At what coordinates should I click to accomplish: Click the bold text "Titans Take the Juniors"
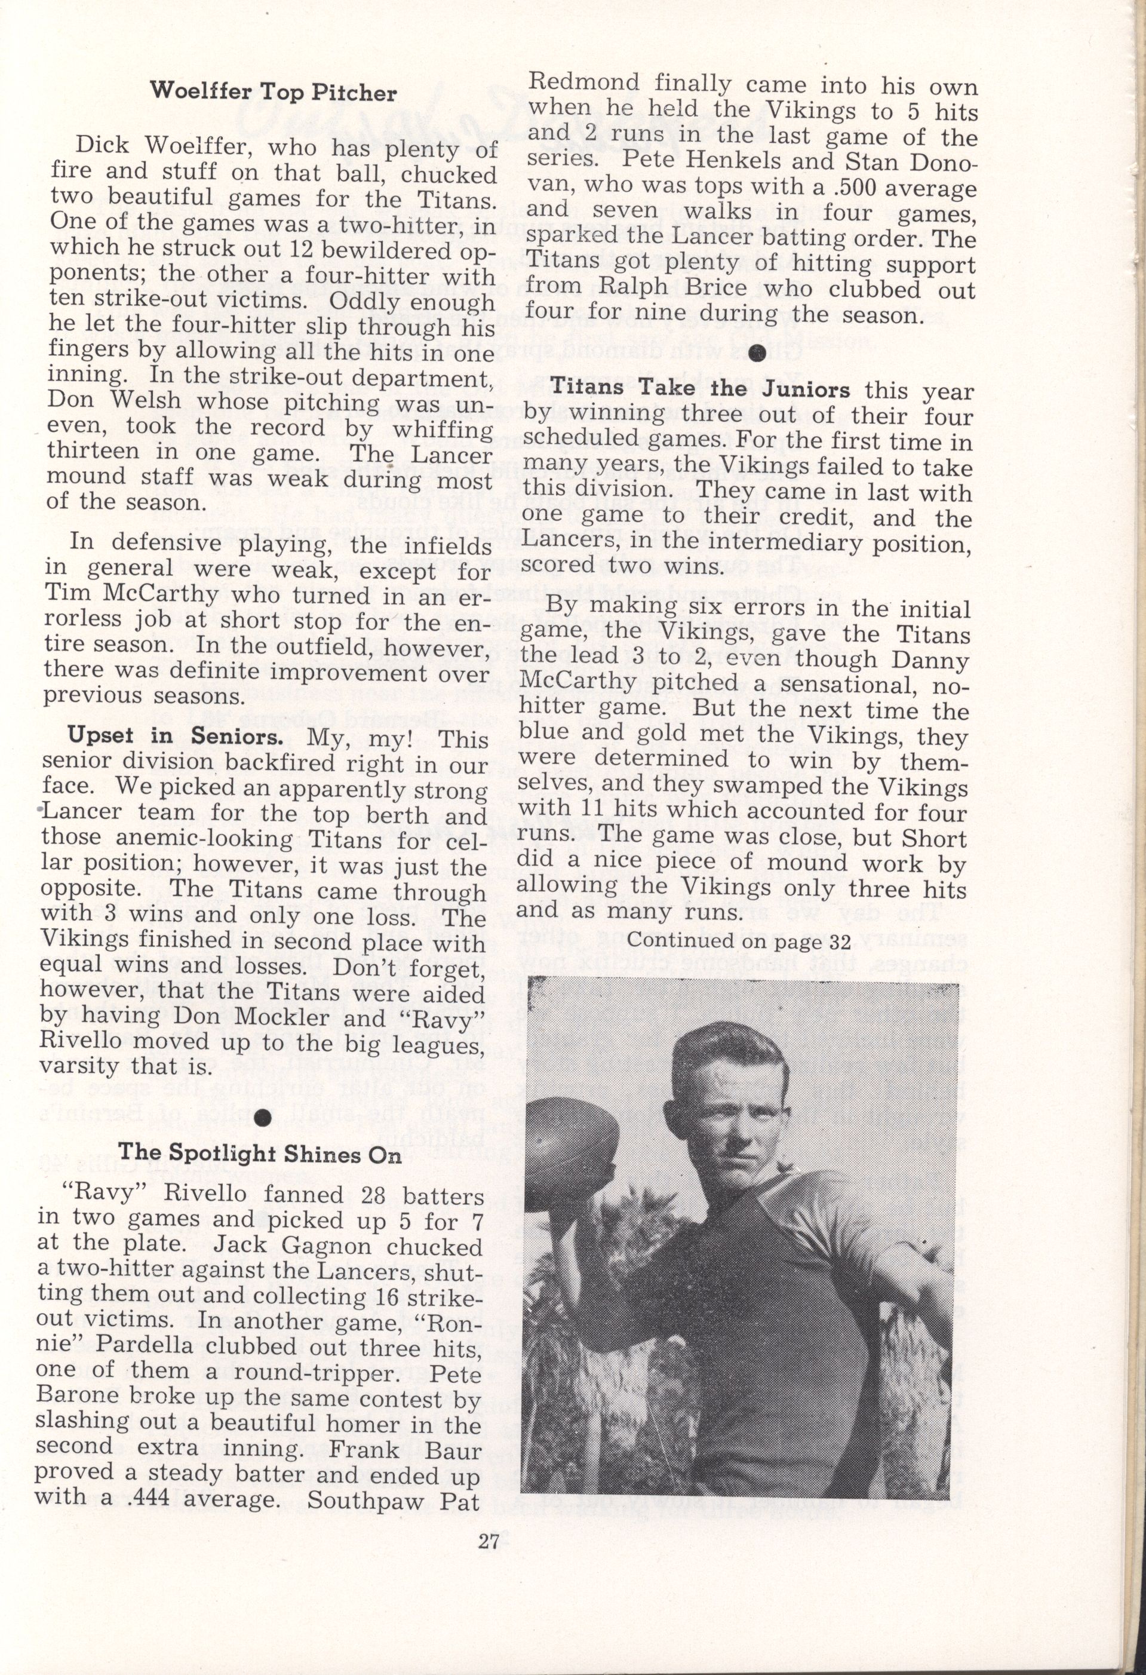(x=700, y=389)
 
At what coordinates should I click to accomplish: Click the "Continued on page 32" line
(x=739, y=941)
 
